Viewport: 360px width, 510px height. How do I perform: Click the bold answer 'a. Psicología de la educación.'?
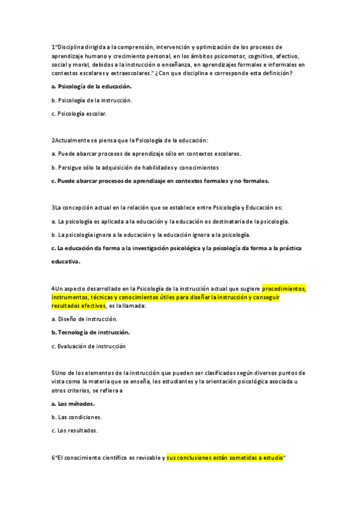(91, 87)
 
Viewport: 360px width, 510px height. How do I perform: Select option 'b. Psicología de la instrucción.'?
(92, 100)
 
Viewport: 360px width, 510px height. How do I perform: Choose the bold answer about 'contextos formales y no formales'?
(160, 180)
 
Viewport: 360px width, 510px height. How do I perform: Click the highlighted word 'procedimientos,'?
(284, 289)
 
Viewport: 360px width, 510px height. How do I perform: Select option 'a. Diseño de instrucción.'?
(84, 319)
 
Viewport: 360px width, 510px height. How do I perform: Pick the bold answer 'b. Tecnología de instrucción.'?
(90, 332)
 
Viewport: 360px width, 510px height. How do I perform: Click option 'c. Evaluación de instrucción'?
(88, 346)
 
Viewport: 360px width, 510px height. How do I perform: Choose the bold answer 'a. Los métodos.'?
(73, 404)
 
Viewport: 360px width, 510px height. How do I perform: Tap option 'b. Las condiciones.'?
(77, 417)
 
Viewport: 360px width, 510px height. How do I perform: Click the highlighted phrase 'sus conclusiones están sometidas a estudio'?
(224, 458)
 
